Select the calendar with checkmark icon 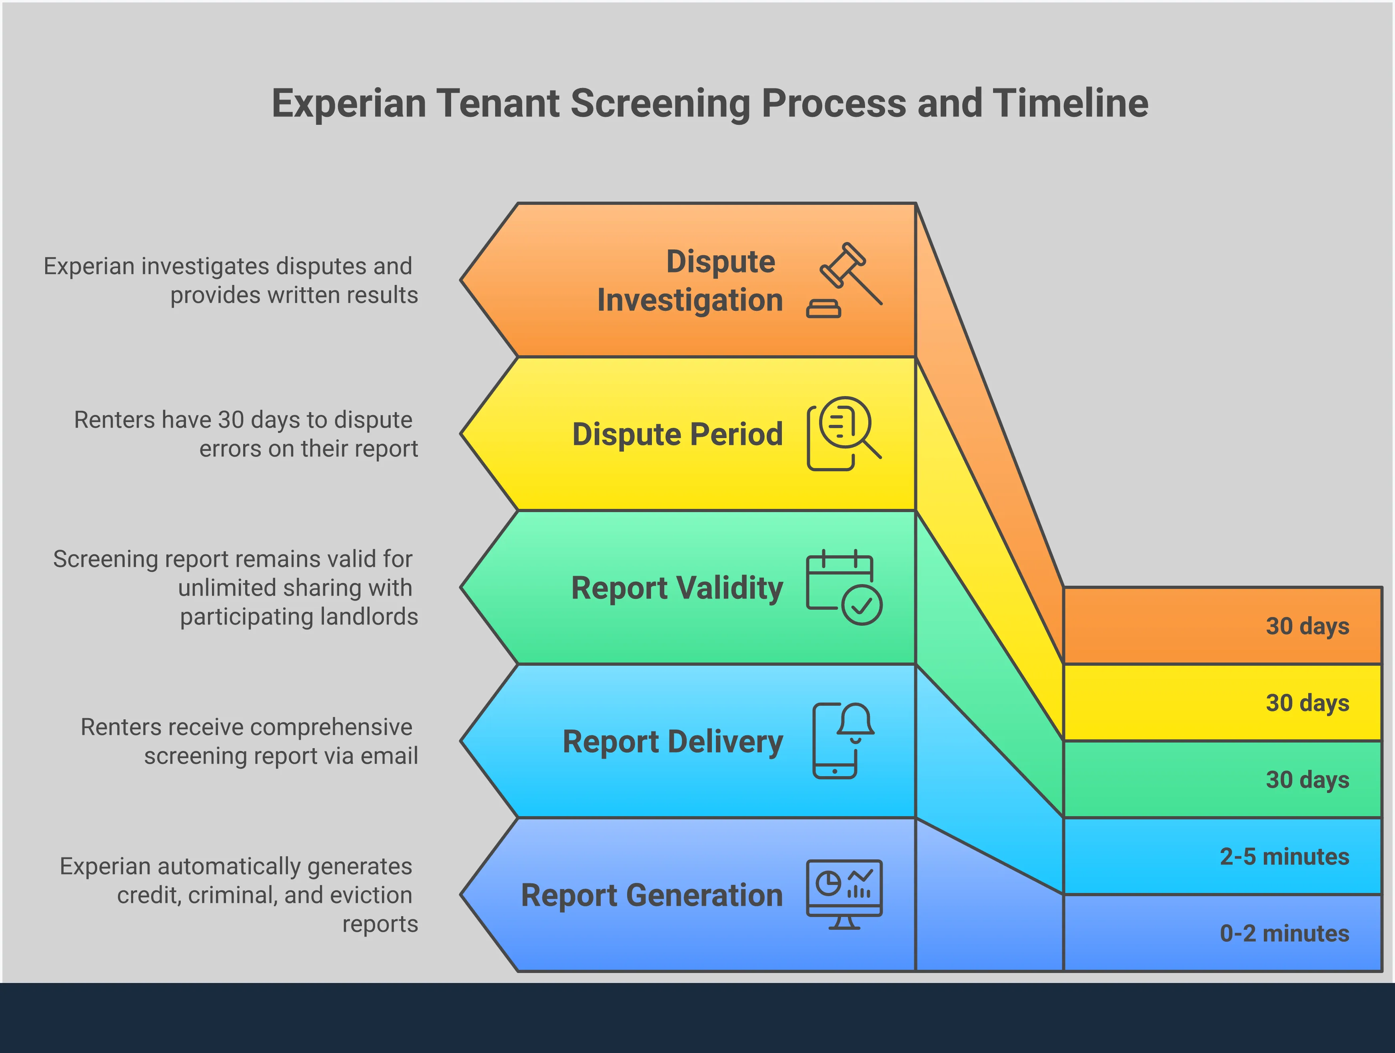844,587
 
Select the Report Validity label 677,588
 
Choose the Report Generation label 652,895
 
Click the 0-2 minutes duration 1284,933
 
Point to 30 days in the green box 1307,779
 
